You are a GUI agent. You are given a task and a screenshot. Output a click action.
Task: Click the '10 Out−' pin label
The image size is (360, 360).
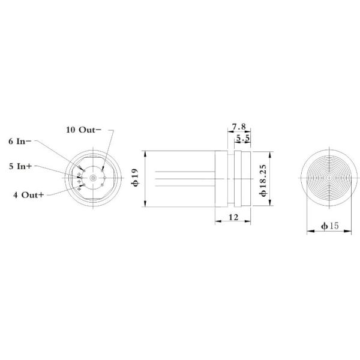point(83,130)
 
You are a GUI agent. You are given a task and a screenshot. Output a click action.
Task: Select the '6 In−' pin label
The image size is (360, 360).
point(20,142)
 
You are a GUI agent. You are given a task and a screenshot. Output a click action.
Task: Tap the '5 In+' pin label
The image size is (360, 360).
point(20,166)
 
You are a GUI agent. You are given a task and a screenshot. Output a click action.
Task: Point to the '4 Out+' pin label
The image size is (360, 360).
point(28,195)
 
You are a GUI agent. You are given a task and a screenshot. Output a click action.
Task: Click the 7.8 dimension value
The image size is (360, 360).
point(239,127)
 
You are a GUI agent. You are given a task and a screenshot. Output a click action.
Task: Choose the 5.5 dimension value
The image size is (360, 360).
point(243,138)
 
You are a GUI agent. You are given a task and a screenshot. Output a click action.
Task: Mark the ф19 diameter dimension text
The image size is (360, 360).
point(135,178)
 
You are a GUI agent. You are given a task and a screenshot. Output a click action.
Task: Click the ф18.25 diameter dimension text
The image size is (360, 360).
point(263,181)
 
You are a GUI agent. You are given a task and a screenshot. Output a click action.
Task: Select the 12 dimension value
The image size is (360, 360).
point(233,217)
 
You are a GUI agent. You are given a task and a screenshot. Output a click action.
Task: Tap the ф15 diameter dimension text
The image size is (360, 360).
point(329,226)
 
